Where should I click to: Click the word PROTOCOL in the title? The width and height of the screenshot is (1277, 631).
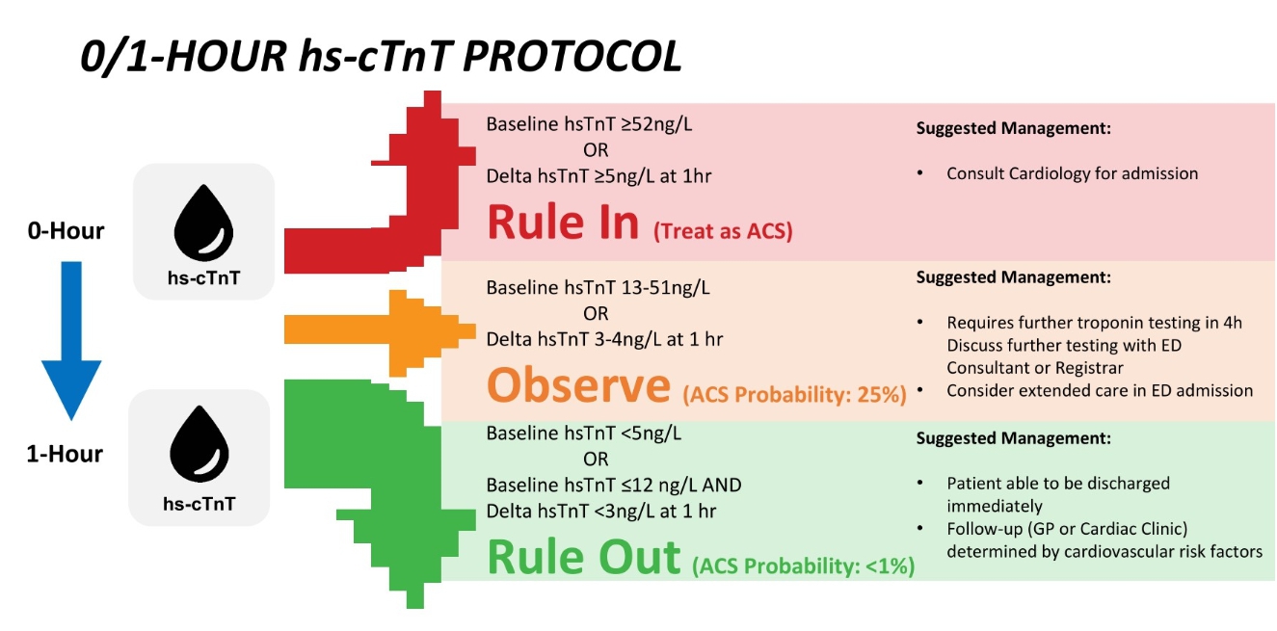point(572,57)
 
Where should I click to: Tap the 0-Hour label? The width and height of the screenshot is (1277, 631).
point(67,230)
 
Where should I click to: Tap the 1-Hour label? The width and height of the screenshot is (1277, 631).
point(65,454)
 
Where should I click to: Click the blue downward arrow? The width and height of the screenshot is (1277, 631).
point(71,341)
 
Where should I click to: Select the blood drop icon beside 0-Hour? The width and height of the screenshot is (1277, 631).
point(203,223)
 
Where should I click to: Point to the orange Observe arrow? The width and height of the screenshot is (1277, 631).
point(380,333)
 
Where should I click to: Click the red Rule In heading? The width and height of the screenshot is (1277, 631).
point(563,223)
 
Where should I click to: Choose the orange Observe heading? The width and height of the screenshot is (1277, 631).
point(578,386)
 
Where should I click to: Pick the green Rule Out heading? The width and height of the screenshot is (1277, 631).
point(584,557)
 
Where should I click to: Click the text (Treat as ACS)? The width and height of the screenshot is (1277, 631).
point(723,231)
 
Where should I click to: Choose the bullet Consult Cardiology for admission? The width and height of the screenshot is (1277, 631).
point(1072,173)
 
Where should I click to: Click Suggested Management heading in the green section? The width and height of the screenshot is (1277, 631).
point(1014,437)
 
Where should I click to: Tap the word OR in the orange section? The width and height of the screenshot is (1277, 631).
point(596,313)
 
